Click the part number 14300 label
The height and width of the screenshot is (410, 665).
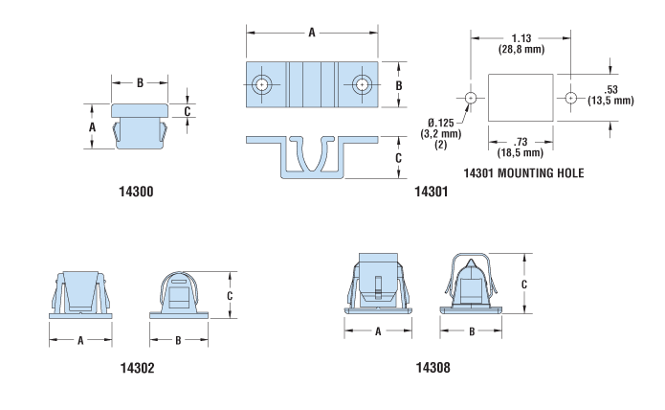pyautogui.click(x=136, y=192)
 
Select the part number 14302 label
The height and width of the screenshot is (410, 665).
pyautogui.click(x=138, y=368)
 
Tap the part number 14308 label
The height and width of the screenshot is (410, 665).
pyautogui.click(x=433, y=368)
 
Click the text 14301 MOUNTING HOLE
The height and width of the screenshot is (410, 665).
pyautogui.click(x=523, y=173)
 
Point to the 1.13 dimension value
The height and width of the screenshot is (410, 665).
pyautogui.click(x=521, y=38)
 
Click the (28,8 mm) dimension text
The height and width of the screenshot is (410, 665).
pyautogui.click(x=521, y=49)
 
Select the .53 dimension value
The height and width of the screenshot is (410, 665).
pyautogui.click(x=611, y=89)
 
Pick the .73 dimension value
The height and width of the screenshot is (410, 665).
pyautogui.click(x=521, y=142)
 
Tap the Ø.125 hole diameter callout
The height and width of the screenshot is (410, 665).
pyautogui.click(x=441, y=123)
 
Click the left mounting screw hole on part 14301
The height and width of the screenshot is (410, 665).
pyautogui.click(x=262, y=84)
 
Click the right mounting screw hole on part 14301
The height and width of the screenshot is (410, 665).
pyautogui.click(x=362, y=84)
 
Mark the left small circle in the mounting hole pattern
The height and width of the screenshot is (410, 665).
pyautogui.click(x=471, y=98)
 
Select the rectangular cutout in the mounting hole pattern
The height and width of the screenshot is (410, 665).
pyautogui.click(x=521, y=98)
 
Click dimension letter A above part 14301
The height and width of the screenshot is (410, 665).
pyautogui.click(x=312, y=33)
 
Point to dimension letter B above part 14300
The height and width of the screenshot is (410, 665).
pyautogui.click(x=140, y=83)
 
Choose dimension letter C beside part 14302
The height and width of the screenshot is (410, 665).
pyautogui.click(x=230, y=295)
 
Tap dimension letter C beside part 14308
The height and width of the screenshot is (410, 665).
pyautogui.click(x=524, y=285)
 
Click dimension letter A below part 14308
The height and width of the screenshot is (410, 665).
pyautogui.click(x=378, y=331)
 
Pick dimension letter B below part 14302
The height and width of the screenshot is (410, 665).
pyautogui.click(x=179, y=340)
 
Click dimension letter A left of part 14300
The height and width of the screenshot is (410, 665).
pyautogui.click(x=93, y=126)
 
